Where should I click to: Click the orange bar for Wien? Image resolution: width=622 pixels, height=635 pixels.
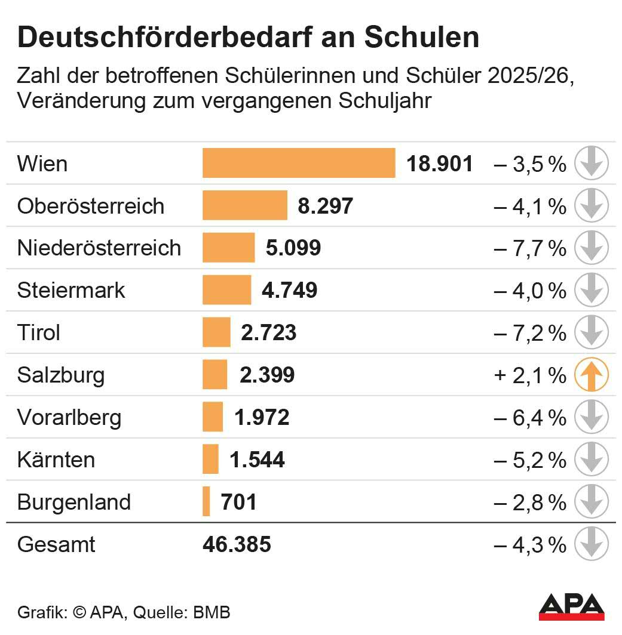[299, 163]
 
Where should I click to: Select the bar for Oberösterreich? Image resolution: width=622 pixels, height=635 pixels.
[245, 205]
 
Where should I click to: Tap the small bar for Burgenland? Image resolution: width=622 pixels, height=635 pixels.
[206, 501]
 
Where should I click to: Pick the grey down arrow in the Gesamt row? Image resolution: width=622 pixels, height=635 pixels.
[591, 544]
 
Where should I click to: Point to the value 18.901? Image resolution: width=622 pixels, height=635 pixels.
[440, 164]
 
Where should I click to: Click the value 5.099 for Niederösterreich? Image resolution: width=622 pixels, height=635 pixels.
[293, 248]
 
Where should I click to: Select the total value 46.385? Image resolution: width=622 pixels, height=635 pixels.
[237, 544]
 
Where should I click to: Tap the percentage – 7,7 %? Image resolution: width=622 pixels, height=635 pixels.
[530, 248]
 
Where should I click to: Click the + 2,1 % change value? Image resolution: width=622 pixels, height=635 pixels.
[530, 375]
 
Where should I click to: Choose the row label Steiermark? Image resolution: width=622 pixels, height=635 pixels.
[71, 290]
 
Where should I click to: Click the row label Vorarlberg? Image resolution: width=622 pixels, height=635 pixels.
[69, 417]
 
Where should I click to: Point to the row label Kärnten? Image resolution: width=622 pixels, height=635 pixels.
[56, 460]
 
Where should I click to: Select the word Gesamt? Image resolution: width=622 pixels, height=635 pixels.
[56, 545]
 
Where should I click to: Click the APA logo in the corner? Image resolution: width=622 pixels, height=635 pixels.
[571, 607]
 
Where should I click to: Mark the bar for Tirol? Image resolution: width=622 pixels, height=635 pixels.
[216, 332]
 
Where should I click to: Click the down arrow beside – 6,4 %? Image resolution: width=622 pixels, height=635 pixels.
[591, 417]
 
